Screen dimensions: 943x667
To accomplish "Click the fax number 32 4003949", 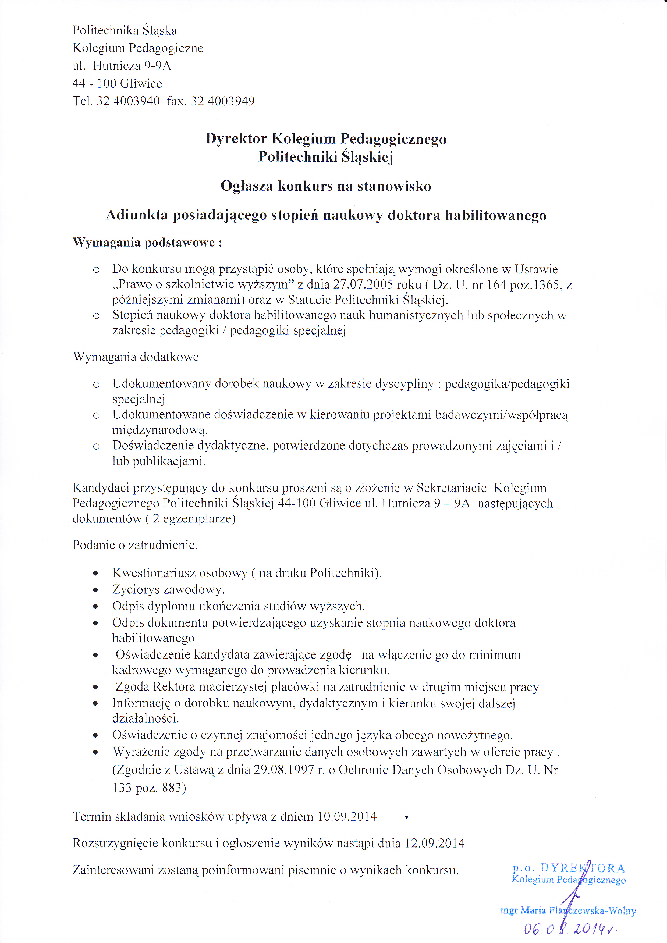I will [x=223, y=101].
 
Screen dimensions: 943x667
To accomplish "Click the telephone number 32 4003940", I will [x=128, y=101].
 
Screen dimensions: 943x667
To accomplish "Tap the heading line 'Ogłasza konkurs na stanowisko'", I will [x=326, y=186].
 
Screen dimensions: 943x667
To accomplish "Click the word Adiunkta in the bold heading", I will [x=136, y=215].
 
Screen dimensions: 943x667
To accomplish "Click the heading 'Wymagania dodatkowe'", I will [x=136, y=357].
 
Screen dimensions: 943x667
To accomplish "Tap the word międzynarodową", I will [x=160, y=430].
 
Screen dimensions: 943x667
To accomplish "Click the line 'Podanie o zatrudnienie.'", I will [x=135, y=545].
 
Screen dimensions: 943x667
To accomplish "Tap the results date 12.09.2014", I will [x=435, y=843].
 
